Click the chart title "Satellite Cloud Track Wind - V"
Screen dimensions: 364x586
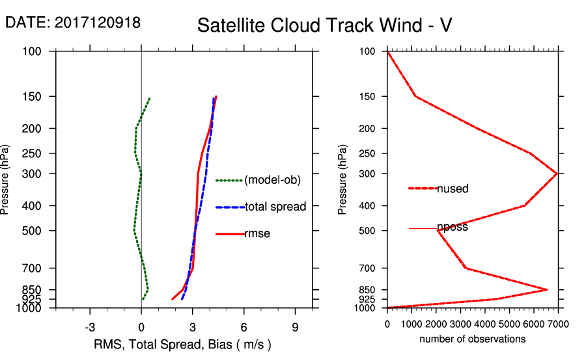pyautogui.click(x=325, y=25)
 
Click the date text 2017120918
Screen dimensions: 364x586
pyautogui.click(x=73, y=22)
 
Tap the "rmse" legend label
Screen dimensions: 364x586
pyautogui.click(x=257, y=234)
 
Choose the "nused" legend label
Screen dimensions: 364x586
pyautogui.click(x=453, y=188)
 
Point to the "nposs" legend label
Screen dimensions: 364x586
pyautogui.click(x=453, y=227)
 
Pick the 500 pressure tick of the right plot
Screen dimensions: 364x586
pyautogui.click(x=367, y=231)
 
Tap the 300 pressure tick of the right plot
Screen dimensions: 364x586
pyautogui.click(x=367, y=174)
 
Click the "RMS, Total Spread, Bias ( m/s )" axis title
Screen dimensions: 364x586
pyautogui.click(x=182, y=344)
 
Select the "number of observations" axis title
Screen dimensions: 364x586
pyautogui.click(x=472, y=339)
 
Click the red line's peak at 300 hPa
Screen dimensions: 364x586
pyautogui.click(x=557, y=174)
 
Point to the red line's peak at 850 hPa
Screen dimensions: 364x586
pyautogui.click(x=547, y=289)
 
